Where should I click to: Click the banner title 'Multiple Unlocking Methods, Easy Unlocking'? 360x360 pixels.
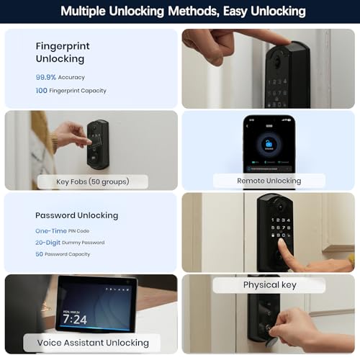click(x=182, y=12)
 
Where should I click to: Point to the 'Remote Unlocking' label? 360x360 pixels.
click(x=269, y=181)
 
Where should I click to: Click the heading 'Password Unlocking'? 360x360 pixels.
click(x=76, y=215)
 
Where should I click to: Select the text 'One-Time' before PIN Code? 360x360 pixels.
click(x=51, y=230)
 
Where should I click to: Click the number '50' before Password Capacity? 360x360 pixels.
click(x=40, y=255)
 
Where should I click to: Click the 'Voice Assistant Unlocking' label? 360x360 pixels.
click(x=93, y=342)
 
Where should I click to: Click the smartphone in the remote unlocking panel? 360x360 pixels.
click(x=269, y=144)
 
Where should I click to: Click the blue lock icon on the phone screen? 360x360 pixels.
click(x=269, y=142)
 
